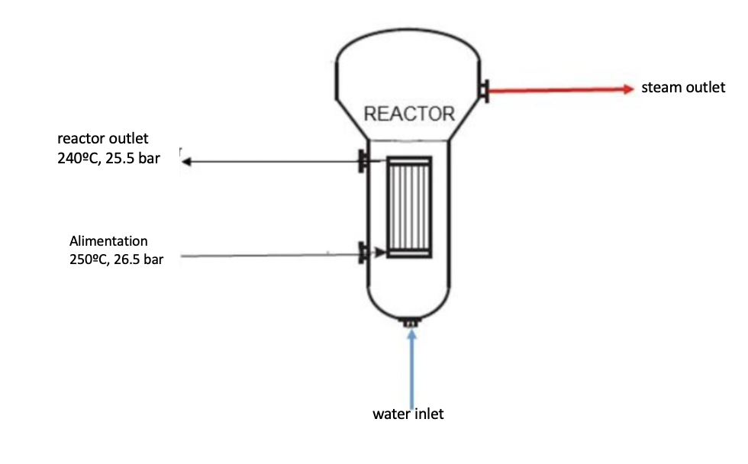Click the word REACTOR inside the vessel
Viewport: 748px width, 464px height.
click(x=409, y=114)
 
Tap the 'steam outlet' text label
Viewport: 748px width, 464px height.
click(x=682, y=88)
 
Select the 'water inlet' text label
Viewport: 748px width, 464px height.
click(x=408, y=414)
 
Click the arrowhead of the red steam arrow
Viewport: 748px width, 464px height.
click(x=630, y=89)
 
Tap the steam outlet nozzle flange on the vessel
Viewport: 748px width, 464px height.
click(x=484, y=90)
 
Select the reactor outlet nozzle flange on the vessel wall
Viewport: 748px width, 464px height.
click(x=361, y=161)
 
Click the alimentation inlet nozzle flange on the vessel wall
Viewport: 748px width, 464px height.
click(x=361, y=253)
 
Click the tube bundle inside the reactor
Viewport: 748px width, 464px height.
click(x=409, y=207)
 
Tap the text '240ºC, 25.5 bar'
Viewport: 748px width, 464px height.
click(x=108, y=161)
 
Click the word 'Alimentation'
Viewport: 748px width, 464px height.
click(x=108, y=241)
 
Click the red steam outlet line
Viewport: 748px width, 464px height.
click(x=557, y=90)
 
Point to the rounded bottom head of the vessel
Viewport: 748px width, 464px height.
click(x=409, y=301)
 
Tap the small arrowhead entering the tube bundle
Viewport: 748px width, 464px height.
click(x=381, y=253)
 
